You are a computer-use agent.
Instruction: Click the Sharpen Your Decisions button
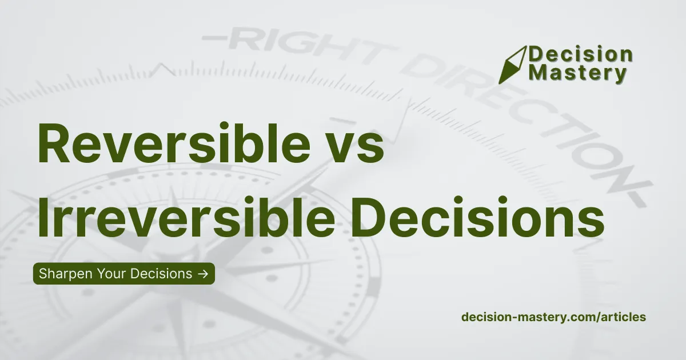123,274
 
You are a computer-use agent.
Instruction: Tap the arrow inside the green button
202,274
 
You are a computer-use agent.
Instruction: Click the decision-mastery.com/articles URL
553,317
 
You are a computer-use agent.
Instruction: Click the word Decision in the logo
581,55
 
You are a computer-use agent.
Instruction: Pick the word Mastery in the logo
578,74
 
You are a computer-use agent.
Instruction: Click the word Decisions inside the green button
161,274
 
